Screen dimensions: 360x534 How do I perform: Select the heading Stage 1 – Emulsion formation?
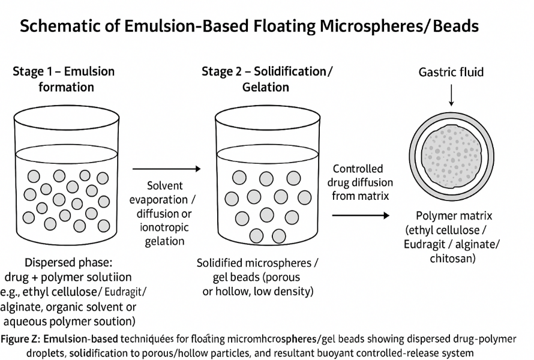click(x=64, y=79)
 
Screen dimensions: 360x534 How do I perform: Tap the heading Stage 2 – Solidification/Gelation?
click(x=266, y=79)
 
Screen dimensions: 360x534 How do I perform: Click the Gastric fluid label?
click(x=451, y=73)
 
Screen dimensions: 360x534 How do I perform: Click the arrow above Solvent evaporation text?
click(x=166, y=170)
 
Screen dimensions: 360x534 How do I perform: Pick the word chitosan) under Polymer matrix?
click(x=453, y=259)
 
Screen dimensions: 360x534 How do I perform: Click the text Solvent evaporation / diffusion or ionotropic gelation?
click(x=166, y=214)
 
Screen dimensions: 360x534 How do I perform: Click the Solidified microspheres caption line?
click(x=258, y=263)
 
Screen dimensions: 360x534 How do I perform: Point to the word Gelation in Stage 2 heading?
click(x=266, y=87)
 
